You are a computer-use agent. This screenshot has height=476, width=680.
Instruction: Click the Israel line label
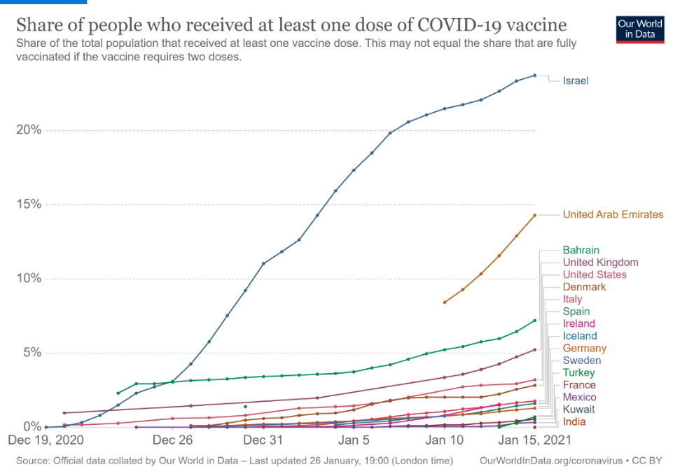pyautogui.click(x=576, y=80)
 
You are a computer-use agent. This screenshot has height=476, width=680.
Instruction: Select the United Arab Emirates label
pyautogui.click(x=613, y=215)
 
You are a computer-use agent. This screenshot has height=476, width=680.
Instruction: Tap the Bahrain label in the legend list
pyautogui.click(x=581, y=251)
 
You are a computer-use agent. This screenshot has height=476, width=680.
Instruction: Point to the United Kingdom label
pyautogui.click(x=600, y=262)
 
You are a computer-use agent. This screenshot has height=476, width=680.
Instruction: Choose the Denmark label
pyautogui.click(x=584, y=287)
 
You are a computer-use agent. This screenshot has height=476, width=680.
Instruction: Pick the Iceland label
pyautogui.click(x=580, y=336)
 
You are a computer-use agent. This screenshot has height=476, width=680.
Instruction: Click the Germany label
pyautogui.click(x=585, y=349)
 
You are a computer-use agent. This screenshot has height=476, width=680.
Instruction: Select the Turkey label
pyautogui.click(x=578, y=373)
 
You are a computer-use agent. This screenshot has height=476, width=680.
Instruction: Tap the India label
pyautogui.click(x=574, y=422)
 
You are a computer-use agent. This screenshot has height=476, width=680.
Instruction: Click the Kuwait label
pyautogui.click(x=578, y=409)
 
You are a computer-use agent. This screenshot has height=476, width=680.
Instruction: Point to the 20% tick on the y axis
pyautogui.click(x=29, y=130)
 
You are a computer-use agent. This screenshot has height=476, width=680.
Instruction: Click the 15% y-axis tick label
pyautogui.click(x=29, y=204)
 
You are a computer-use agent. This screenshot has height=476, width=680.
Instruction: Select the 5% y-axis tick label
pyautogui.click(x=32, y=353)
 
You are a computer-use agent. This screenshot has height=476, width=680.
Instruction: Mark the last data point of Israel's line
pyautogui.click(x=535, y=76)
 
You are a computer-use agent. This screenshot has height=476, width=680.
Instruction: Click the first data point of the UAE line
pyautogui.click(x=445, y=302)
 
